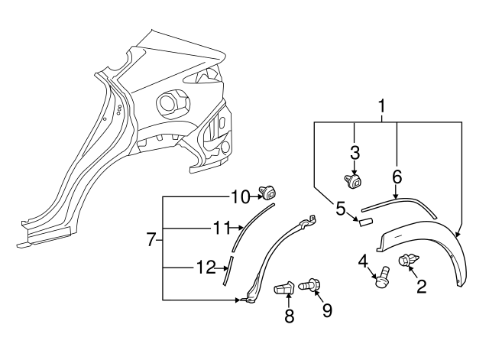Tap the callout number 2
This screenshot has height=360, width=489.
coord(421,287)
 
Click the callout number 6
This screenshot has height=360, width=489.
coord(397,177)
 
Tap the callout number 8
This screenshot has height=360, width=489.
coord(289,316)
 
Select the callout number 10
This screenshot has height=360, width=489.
coord(240,196)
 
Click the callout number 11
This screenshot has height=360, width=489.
coord(221,226)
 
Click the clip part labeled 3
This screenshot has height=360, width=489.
coord(354,181)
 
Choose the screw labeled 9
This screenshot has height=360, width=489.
coord(310,286)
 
